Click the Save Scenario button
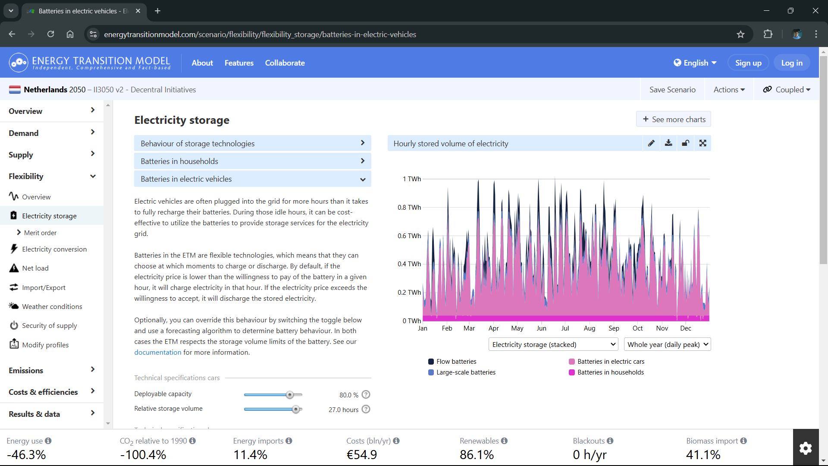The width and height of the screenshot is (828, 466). click(x=672, y=89)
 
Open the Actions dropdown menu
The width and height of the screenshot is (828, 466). click(x=729, y=89)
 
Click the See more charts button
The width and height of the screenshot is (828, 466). click(x=674, y=119)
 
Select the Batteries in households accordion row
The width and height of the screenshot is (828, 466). click(x=253, y=161)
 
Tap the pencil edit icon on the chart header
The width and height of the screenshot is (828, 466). click(x=651, y=143)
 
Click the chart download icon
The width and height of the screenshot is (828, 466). click(x=668, y=143)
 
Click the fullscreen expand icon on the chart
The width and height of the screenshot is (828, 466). click(x=703, y=143)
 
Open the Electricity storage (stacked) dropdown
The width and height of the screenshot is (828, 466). click(x=554, y=344)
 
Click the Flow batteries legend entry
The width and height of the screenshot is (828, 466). click(x=452, y=362)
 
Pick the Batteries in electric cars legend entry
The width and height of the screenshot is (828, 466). click(x=607, y=362)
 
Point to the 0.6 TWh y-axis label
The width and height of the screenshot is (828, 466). click(x=409, y=236)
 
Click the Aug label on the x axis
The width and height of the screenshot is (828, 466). click(x=590, y=328)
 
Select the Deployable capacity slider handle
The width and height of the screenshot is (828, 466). click(x=290, y=395)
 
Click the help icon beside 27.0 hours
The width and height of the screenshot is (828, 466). click(x=366, y=409)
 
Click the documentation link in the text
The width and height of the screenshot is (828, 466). click(x=158, y=352)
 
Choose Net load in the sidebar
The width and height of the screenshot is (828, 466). click(x=35, y=268)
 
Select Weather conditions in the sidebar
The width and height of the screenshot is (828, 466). click(x=52, y=306)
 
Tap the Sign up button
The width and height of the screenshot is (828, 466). click(x=748, y=63)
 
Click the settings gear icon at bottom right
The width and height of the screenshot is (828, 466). click(x=806, y=448)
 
